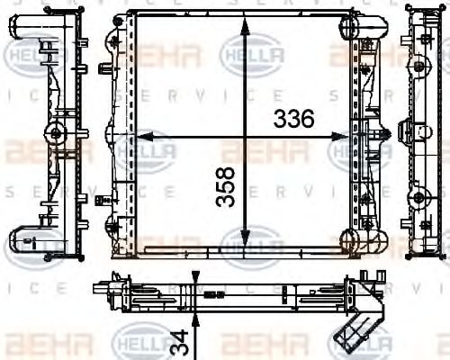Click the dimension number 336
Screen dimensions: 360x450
pos(293,118)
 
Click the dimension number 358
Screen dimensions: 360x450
pos(228,187)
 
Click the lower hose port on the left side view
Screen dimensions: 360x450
pos(25,238)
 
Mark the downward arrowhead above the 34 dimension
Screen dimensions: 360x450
pos(195,275)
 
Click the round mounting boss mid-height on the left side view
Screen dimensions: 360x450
pos(57,134)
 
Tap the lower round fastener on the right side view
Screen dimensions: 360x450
pos(418,197)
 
